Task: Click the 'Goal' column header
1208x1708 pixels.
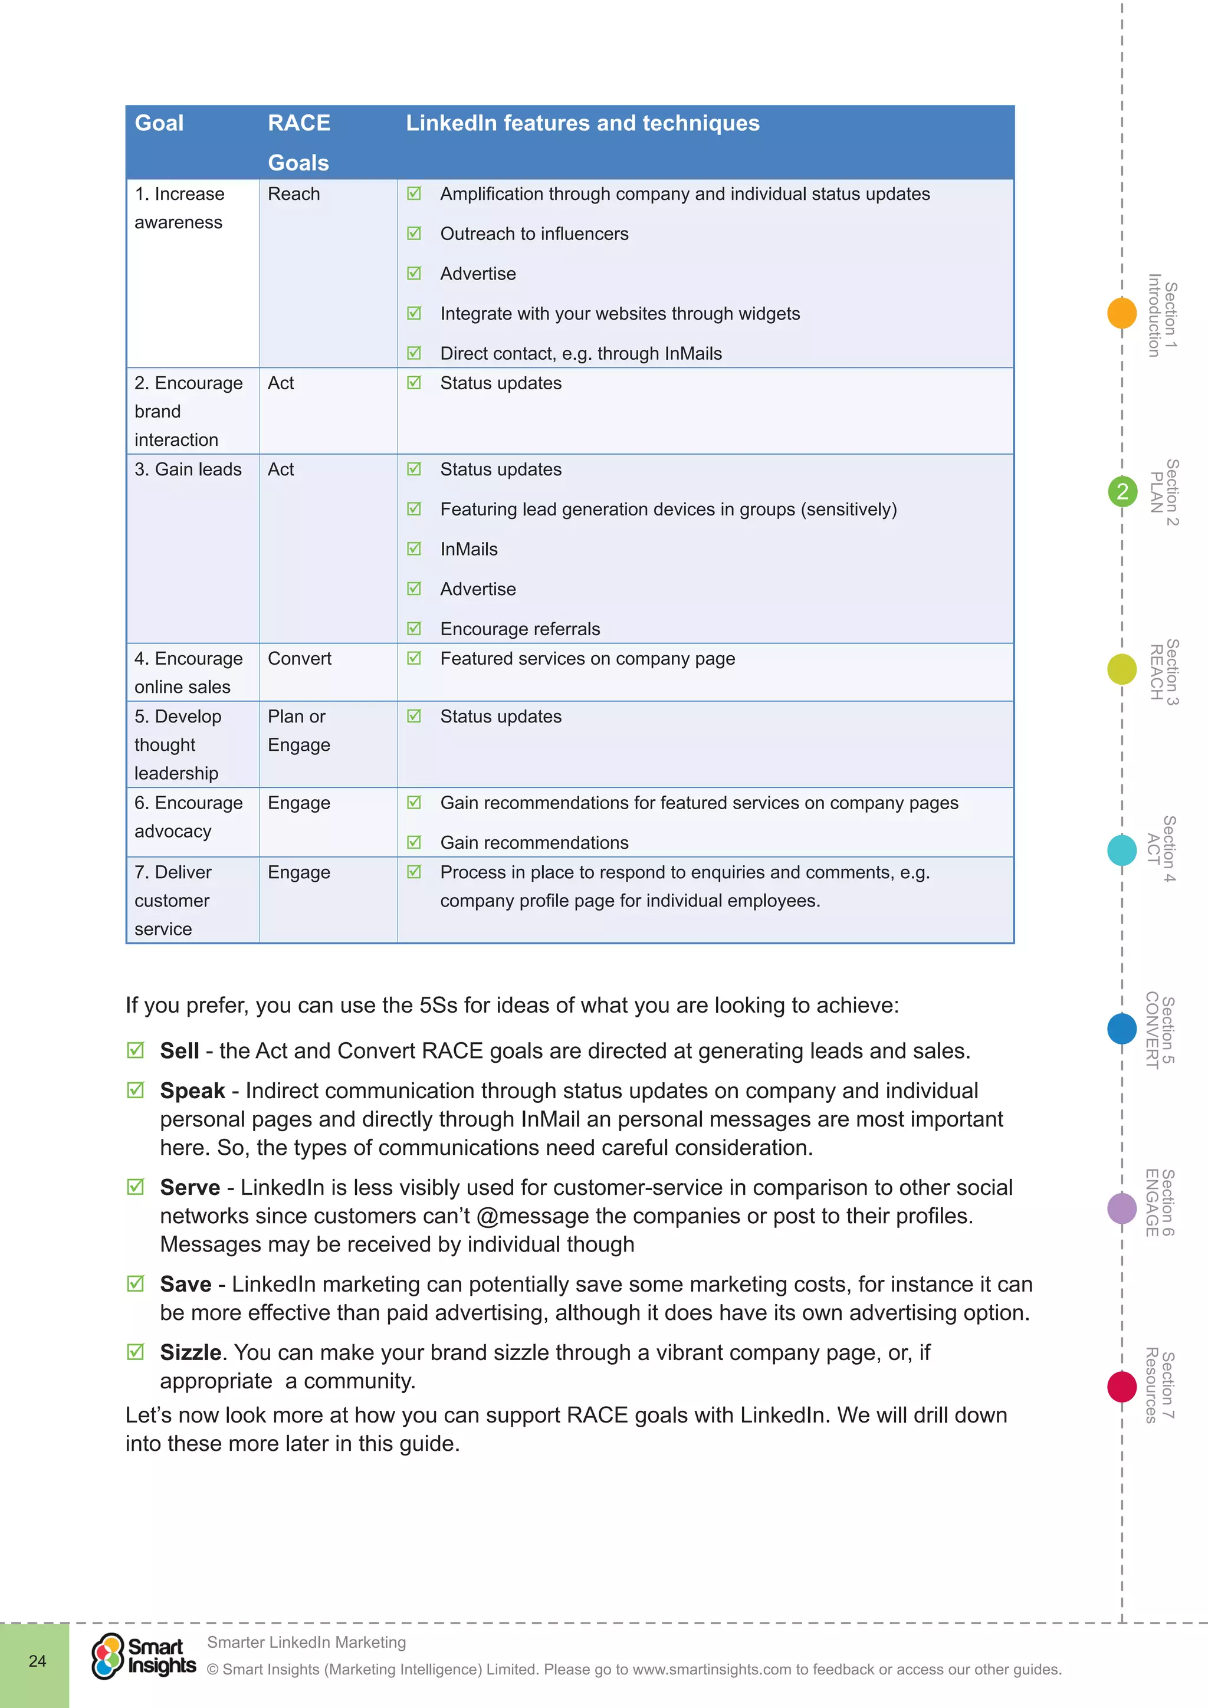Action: (x=159, y=123)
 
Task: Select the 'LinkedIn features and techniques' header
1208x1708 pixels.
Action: (x=582, y=123)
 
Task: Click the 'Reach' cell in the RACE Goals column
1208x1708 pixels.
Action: (x=294, y=194)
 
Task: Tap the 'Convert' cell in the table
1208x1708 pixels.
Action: (x=300, y=659)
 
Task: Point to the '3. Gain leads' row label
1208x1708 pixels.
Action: (x=188, y=470)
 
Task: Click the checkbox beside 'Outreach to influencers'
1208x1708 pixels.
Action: (x=414, y=234)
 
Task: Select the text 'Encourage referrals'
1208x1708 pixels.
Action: (x=520, y=629)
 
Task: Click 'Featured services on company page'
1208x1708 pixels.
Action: (x=587, y=659)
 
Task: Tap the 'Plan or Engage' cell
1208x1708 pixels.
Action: (x=298, y=731)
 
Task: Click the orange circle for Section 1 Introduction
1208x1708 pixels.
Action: (x=1122, y=313)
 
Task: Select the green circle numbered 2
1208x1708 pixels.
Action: (x=1122, y=492)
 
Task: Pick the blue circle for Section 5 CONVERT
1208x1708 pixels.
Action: (x=1122, y=1029)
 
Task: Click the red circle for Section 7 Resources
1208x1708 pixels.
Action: (x=1122, y=1387)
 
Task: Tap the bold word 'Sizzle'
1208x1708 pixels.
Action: (x=191, y=1352)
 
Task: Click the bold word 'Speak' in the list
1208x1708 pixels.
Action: (x=192, y=1091)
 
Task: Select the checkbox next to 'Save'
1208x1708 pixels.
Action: (x=136, y=1284)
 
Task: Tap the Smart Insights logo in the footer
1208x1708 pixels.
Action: (x=143, y=1656)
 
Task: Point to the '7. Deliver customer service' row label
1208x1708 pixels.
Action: (x=173, y=901)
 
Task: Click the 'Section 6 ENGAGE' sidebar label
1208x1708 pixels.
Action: (x=1160, y=1203)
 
